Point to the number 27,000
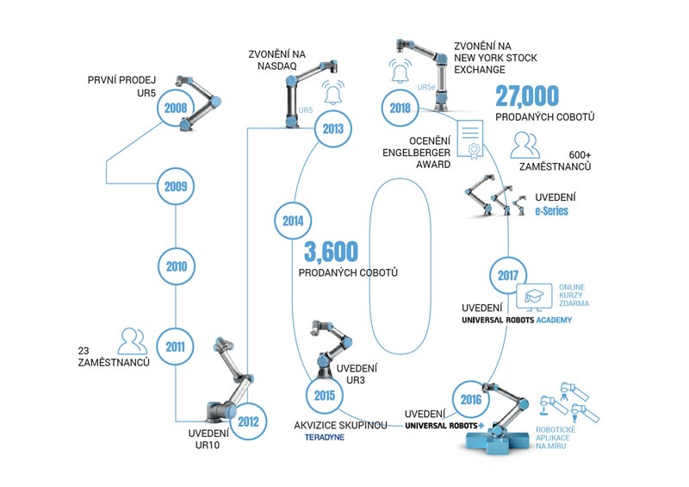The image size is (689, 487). coord(527,96)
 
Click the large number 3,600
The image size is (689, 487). coord(331,251)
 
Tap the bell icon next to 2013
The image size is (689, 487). coord(332,93)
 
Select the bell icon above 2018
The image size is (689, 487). coord(400,71)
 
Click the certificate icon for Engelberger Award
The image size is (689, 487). coord(470,140)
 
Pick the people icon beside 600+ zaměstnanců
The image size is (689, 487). coord(525,145)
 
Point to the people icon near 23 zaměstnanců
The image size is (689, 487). coord(133,341)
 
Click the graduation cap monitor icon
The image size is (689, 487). coord(534,297)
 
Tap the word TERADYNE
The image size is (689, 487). coord(325,437)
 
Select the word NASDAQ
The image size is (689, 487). coord(276,66)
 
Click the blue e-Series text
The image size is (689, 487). coord(551,210)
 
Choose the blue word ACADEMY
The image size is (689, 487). coord(554,320)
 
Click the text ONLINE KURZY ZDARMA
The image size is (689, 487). coord(574,295)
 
